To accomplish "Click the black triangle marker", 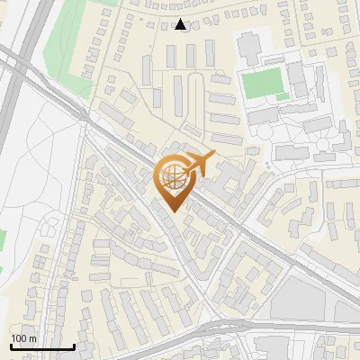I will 182,25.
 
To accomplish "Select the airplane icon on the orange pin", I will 202,164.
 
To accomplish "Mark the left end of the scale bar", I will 11,346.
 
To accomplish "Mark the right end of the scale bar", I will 74,346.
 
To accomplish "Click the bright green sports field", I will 262,83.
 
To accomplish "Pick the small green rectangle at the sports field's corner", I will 283,96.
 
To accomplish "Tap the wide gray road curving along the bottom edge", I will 270,326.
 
